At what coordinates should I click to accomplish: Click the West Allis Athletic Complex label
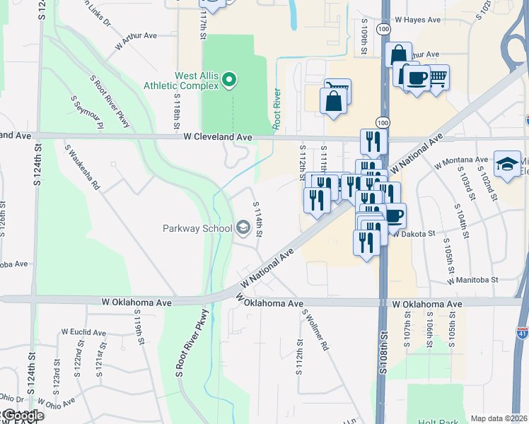coord(195,81)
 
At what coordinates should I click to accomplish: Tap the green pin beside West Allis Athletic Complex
coord(229,81)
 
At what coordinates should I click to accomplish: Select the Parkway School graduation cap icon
coord(243,227)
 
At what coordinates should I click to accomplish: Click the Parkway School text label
coord(197,228)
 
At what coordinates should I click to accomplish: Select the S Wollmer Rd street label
coord(315,330)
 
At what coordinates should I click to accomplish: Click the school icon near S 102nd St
coord(507,165)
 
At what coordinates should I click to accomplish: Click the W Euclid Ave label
coord(83,332)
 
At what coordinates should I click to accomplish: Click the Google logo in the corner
coord(23,416)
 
